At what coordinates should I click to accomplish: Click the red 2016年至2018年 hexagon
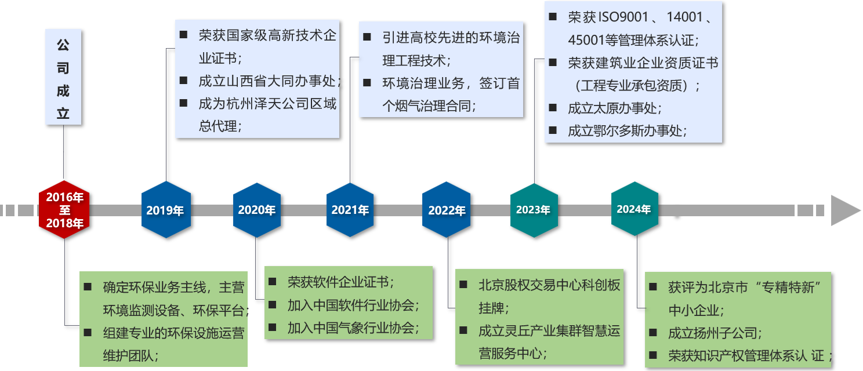[x=64, y=210]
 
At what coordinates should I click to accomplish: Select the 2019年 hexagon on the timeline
[x=165, y=210]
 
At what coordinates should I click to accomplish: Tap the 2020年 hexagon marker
[x=256, y=209]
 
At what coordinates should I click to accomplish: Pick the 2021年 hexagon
[x=350, y=210]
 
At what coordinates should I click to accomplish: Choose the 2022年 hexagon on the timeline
[x=447, y=210]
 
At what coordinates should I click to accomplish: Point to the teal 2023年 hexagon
[x=533, y=210]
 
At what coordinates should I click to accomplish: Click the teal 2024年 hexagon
[x=634, y=209]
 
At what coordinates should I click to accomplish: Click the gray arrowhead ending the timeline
[x=845, y=210]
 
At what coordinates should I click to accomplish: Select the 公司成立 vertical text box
[x=63, y=78]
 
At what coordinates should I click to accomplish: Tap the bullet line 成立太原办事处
[x=614, y=108]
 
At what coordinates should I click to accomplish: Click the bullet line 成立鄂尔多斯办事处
[x=627, y=131]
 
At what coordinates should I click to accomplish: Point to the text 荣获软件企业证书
[x=340, y=282]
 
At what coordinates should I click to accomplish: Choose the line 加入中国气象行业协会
[x=353, y=328]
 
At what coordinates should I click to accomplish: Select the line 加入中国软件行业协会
[x=353, y=305]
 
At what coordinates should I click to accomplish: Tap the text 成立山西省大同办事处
[x=269, y=81]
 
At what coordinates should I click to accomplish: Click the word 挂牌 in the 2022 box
[x=491, y=308]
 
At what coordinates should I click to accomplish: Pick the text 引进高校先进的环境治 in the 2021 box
[x=451, y=38]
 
